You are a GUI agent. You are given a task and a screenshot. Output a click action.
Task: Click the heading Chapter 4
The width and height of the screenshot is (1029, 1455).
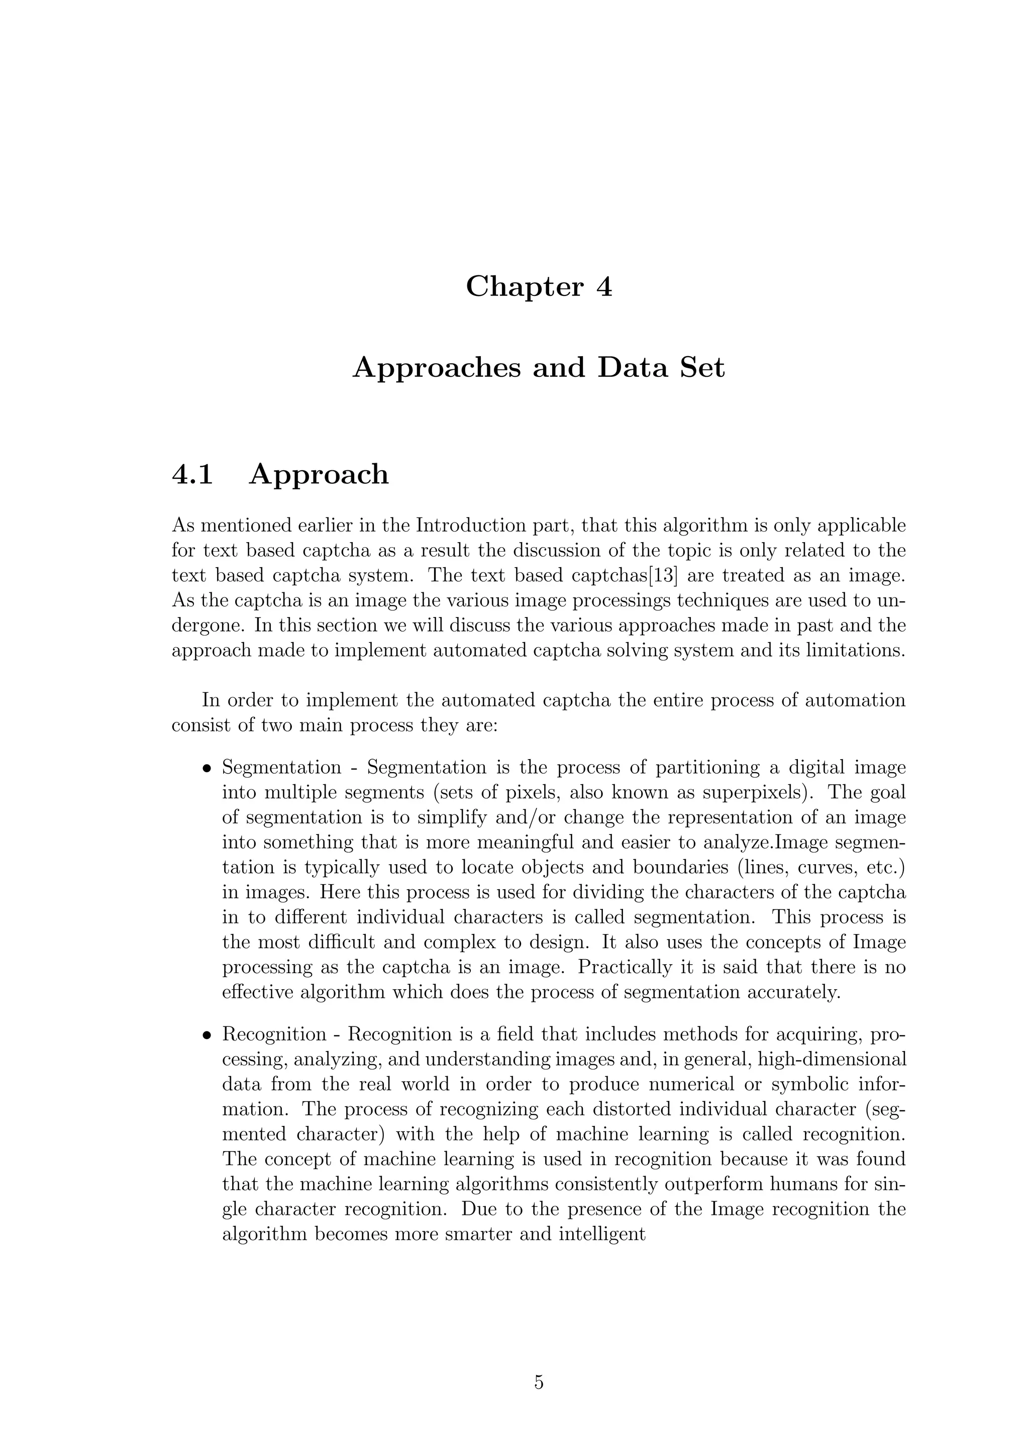pos(539,287)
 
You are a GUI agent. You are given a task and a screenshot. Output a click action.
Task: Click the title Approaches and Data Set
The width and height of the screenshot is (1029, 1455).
pos(539,368)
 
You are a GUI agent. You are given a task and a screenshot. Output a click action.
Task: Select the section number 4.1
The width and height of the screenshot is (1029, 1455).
pos(192,475)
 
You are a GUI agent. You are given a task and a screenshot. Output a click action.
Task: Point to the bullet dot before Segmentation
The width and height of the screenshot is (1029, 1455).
pos(206,769)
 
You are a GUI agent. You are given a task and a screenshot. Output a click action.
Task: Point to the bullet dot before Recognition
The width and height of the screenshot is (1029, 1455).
pos(206,1036)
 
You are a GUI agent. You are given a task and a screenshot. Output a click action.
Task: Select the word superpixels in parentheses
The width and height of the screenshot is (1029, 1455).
pos(750,792)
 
